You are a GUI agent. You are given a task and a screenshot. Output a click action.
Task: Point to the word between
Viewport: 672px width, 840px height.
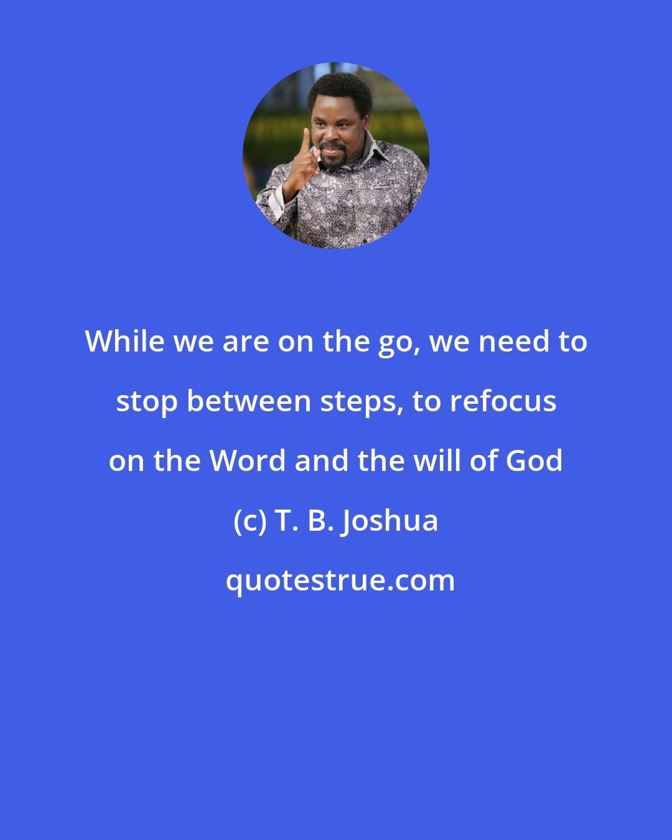coord(249,401)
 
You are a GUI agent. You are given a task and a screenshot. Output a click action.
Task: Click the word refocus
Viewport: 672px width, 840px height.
coord(503,401)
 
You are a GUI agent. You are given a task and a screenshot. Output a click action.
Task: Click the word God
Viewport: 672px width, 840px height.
coord(534,460)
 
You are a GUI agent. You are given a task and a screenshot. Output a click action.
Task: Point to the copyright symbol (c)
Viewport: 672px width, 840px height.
coord(250,521)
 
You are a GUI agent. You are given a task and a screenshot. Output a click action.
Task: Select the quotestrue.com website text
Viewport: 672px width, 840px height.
coord(340,581)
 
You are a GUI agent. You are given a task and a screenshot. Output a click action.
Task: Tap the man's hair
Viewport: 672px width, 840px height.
coord(339,87)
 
